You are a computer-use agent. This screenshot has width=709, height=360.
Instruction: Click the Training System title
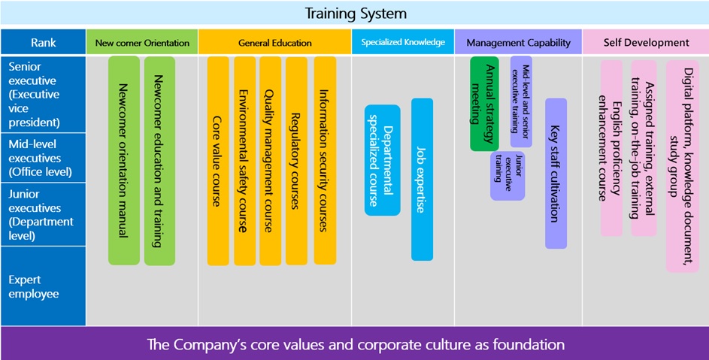pos(356,13)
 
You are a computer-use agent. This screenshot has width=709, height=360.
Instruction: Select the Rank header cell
pos(44,42)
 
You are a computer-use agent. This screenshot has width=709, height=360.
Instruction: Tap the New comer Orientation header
pos(142,42)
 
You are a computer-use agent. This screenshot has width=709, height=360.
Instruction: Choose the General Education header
pos(275,42)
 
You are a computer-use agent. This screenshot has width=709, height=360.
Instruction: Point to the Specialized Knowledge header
pos(403,42)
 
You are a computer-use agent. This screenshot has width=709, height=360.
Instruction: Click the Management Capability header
pos(518,42)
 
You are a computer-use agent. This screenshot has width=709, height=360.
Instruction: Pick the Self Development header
pos(646,42)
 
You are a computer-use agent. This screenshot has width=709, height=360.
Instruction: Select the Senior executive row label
pos(44,94)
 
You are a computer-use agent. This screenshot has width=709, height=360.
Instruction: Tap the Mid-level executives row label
pos(44,158)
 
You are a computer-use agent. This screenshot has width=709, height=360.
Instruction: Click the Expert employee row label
pos(44,286)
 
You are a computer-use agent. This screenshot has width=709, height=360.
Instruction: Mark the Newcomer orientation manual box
pos(124,161)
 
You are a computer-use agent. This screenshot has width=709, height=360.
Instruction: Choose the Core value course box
pos(218,161)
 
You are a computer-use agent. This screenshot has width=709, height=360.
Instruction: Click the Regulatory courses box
pos(297,161)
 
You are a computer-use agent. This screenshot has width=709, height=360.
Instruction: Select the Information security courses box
pos(325,161)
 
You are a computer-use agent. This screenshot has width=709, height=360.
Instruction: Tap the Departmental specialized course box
pos(383,160)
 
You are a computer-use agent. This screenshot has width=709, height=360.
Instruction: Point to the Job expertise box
pos(422,180)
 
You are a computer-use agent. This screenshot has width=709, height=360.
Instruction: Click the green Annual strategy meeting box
pos(484,104)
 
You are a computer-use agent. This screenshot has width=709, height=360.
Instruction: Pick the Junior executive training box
pos(508,176)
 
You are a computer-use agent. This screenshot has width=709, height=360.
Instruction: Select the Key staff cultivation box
pos(556,174)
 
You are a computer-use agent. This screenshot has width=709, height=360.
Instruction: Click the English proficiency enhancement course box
pos(611,148)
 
